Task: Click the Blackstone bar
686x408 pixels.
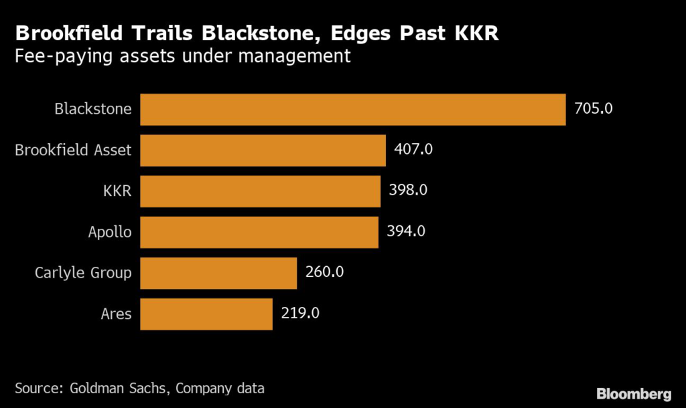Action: point(353,109)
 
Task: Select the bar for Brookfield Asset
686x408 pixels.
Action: point(263,150)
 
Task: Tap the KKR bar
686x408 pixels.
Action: point(260,191)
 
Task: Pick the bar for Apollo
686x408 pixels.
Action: point(259,232)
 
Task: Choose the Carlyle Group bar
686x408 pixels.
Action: point(218,273)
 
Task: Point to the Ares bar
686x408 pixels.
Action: point(206,314)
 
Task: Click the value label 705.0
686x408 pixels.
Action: point(594,108)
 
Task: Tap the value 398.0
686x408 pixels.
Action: point(408,191)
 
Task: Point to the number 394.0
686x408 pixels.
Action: point(406,232)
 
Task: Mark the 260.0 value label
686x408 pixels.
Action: point(325,273)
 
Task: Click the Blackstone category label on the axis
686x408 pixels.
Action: point(93,108)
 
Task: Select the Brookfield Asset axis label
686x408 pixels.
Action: point(73,150)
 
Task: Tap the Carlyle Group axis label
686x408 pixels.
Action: point(83,273)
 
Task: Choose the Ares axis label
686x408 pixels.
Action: point(115,314)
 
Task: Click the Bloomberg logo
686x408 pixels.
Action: point(634,393)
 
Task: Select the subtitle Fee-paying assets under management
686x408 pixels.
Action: point(183,56)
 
